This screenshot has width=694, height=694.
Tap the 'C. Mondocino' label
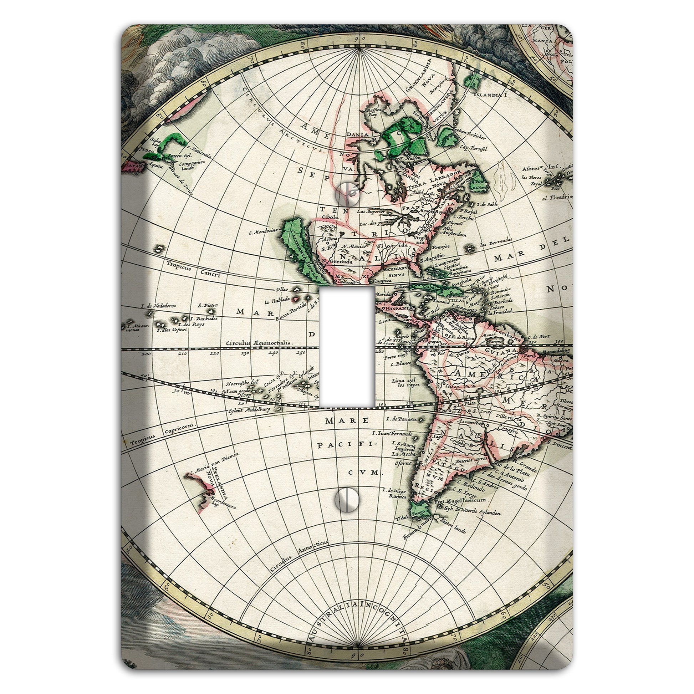pos(264,232)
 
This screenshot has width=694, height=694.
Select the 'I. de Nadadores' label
pos(158,306)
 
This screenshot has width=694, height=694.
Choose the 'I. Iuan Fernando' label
pos(392,434)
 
